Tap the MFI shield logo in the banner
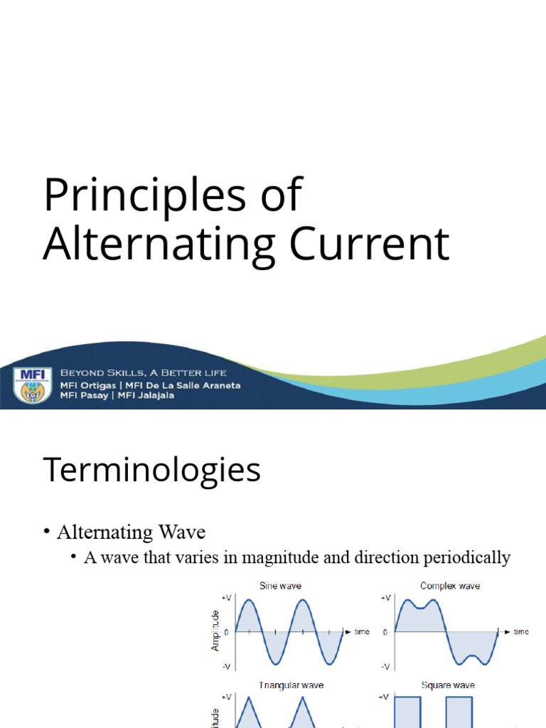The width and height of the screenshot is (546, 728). point(32,384)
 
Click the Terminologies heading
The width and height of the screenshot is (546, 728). point(151,470)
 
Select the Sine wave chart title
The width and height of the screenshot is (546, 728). point(280,586)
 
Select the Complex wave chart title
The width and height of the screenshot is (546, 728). point(449,586)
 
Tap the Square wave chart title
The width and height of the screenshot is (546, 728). point(448,685)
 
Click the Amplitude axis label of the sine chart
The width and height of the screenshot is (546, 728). point(215,631)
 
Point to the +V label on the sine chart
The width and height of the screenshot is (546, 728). point(227,599)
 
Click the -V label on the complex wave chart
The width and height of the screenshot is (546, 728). point(385,666)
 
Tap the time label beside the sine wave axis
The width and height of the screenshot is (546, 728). point(361,631)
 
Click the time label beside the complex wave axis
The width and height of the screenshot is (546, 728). point(521,631)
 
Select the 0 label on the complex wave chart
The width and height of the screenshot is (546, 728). point(385,631)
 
